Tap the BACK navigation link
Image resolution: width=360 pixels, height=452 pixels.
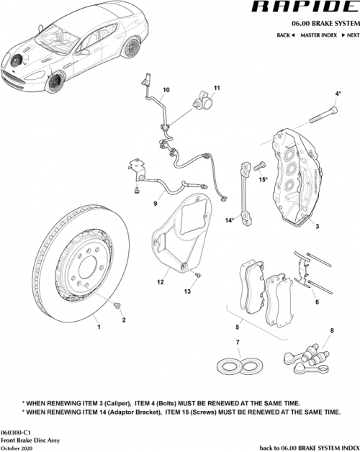(285, 35)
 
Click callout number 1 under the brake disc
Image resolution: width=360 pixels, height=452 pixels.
(99, 326)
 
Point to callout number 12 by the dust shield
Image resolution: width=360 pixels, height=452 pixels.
(162, 283)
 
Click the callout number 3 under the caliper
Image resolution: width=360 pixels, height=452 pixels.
(317, 225)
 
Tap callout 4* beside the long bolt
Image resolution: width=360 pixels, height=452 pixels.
(338, 94)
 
